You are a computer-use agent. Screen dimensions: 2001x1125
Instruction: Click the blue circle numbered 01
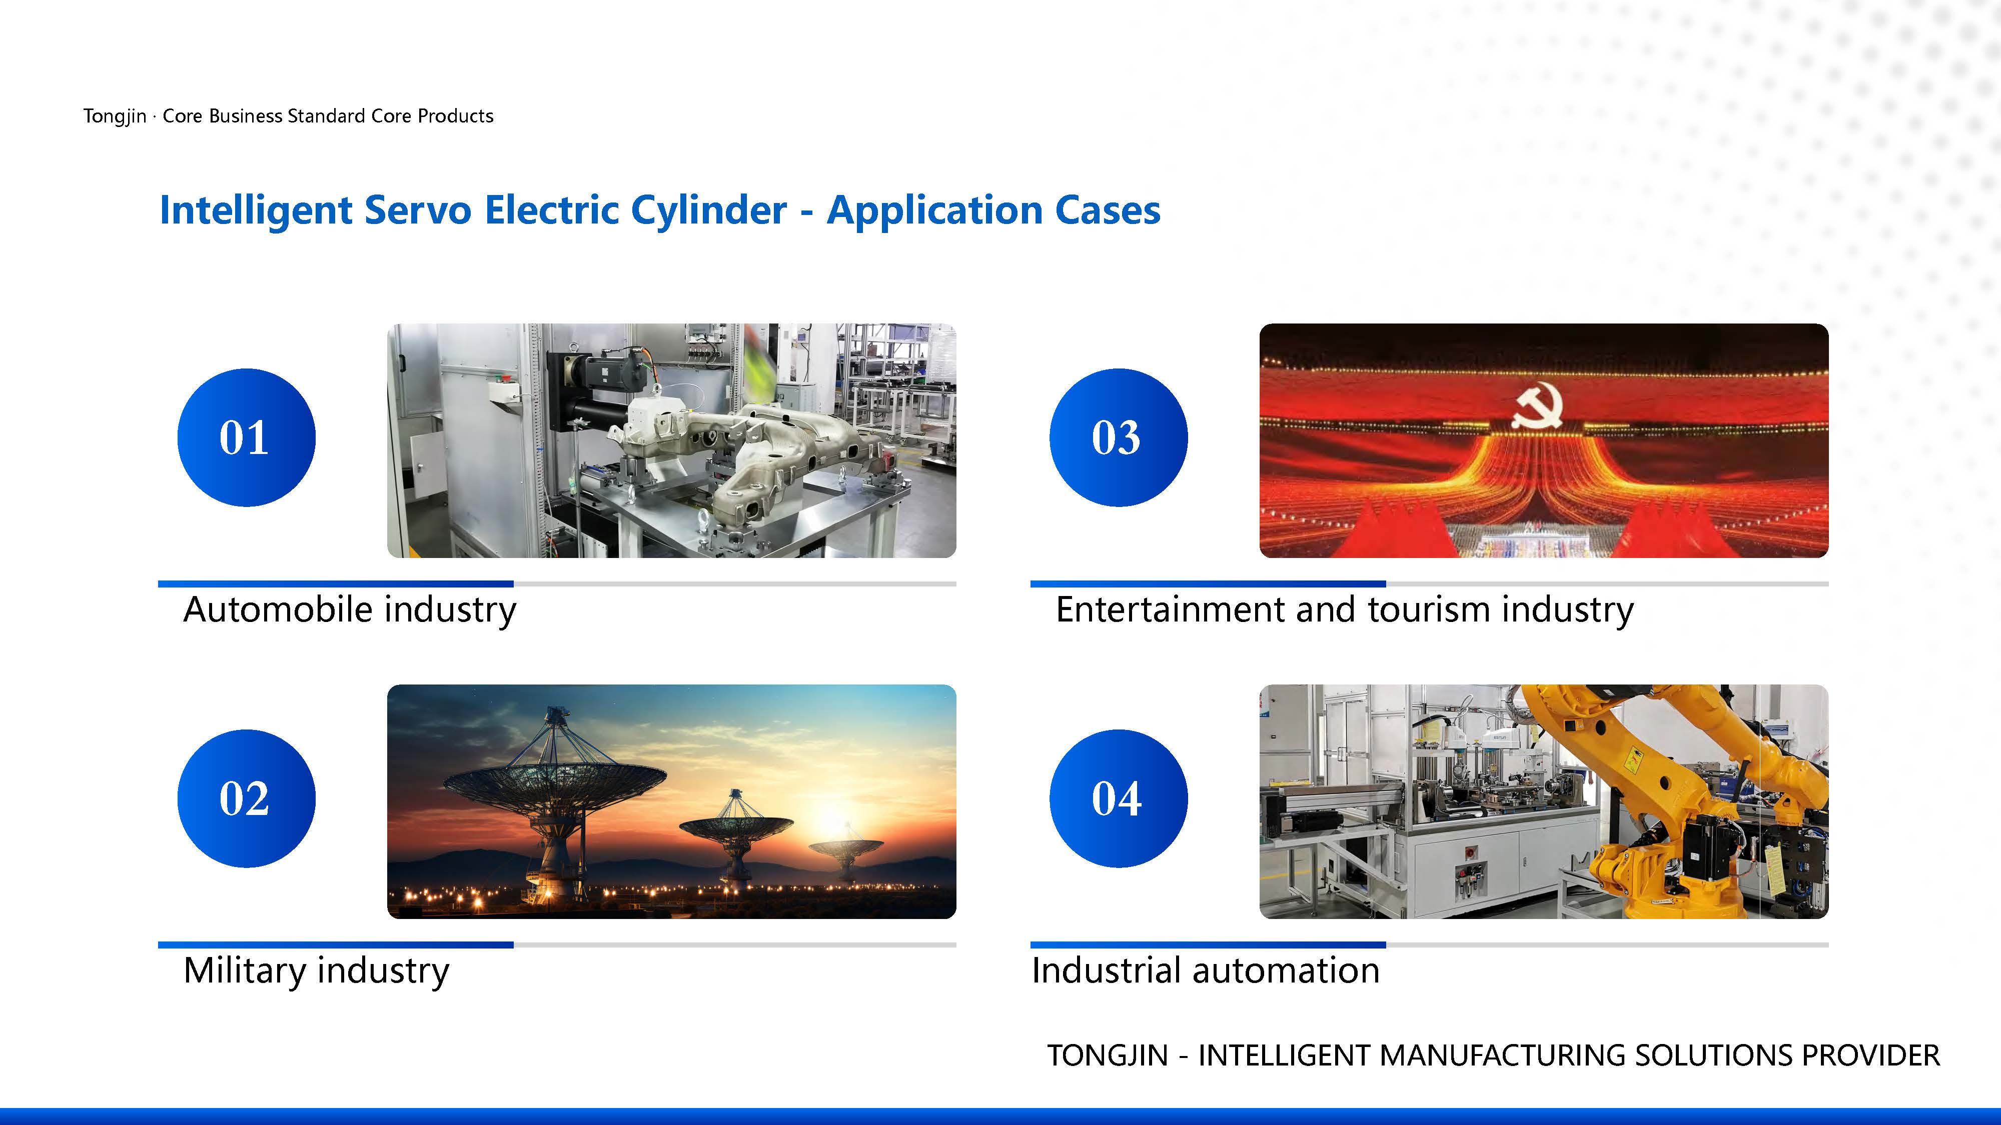pos(246,438)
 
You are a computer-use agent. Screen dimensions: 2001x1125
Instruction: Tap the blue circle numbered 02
pos(246,799)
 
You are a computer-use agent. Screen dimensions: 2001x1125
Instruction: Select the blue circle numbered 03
pos(1119,438)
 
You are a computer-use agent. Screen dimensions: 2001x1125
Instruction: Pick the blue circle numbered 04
pos(1119,799)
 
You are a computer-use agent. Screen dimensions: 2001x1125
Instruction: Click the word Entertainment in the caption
pos(1171,609)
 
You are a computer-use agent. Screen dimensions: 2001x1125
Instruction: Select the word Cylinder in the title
pos(708,211)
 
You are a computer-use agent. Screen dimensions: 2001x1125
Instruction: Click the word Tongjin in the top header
pos(115,116)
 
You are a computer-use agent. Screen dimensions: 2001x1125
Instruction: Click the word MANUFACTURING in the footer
pos(1505,1056)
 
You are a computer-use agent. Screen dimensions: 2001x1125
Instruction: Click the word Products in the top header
pos(456,116)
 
